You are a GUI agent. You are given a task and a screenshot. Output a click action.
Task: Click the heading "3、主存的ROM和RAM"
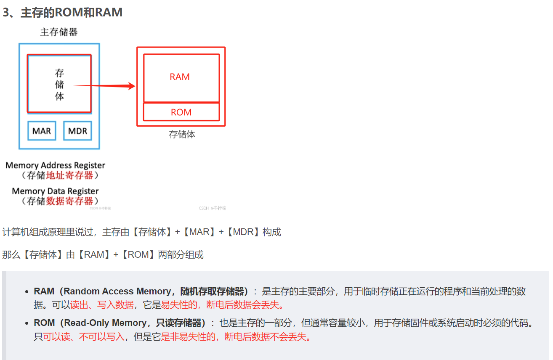pyautogui.click(x=62, y=13)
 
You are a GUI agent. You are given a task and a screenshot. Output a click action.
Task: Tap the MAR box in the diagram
pyautogui.click(x=42, y=131)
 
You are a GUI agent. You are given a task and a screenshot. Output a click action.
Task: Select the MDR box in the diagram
pyautogui.click(x=77, y=131)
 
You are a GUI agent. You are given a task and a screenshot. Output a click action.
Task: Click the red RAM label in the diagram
pyautogui.click(x=180, y=77)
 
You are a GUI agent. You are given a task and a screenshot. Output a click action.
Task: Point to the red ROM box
pyautogui.click(x=181, y=112)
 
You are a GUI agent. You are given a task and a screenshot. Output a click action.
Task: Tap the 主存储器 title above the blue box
pyautogui.click(x=58, y=32)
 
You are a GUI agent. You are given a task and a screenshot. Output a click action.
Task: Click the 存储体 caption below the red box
pyautogui.click(x=182, y=135)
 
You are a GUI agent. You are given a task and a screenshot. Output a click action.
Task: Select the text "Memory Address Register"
pyautogui.click(x=55, y=165)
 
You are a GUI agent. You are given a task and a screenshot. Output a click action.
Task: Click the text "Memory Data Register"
pyautogui.click(x=55, y=191)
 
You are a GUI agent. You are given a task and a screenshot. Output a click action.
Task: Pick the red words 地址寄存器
pyautogui.click(x=69, y=175)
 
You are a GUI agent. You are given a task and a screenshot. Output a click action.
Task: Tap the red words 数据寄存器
pyautogui.click(x=69, y=201)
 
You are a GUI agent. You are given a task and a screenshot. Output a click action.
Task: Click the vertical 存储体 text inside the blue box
pyautogui.click(x=59, y=85)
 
